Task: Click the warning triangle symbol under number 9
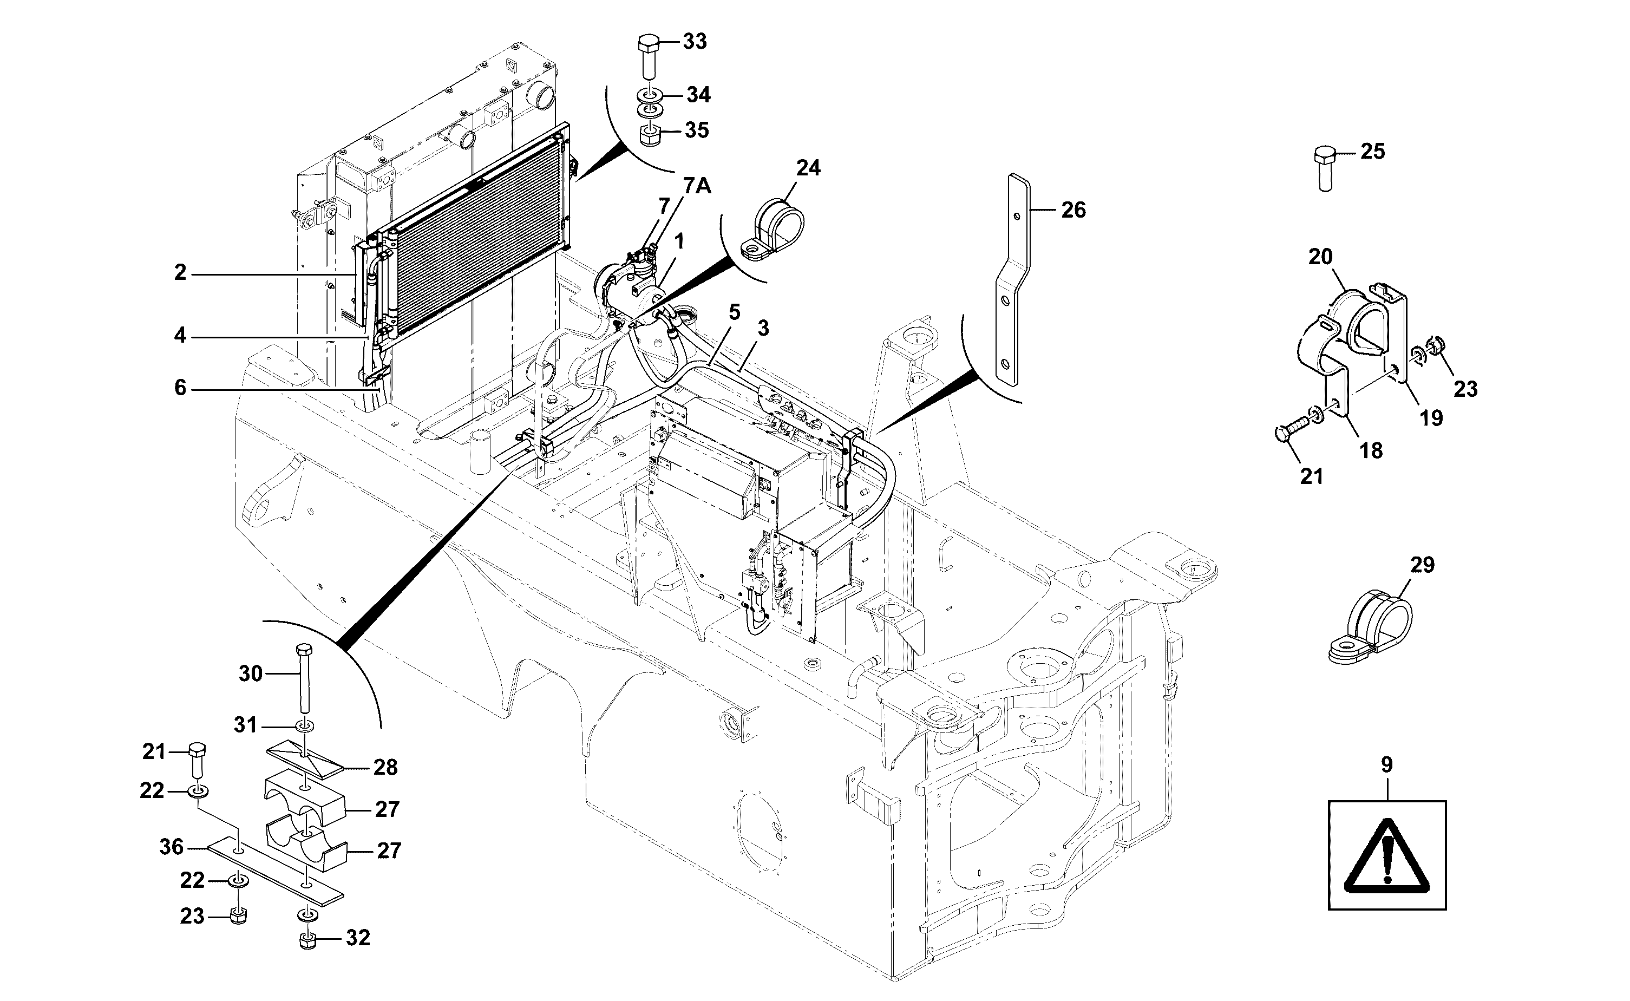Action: (x=1386, y=855)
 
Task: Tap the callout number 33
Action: (x=695, y=42)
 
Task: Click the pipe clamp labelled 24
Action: (x=773, y=231)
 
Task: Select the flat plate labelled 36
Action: (x=276, y=873)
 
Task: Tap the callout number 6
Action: (x=180, y=388)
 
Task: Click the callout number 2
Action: (x=180, y=272)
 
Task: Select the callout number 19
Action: (x=1431, y=418)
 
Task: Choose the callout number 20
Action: (x=1320, y=257)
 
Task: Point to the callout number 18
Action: (x=1371, y=451)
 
